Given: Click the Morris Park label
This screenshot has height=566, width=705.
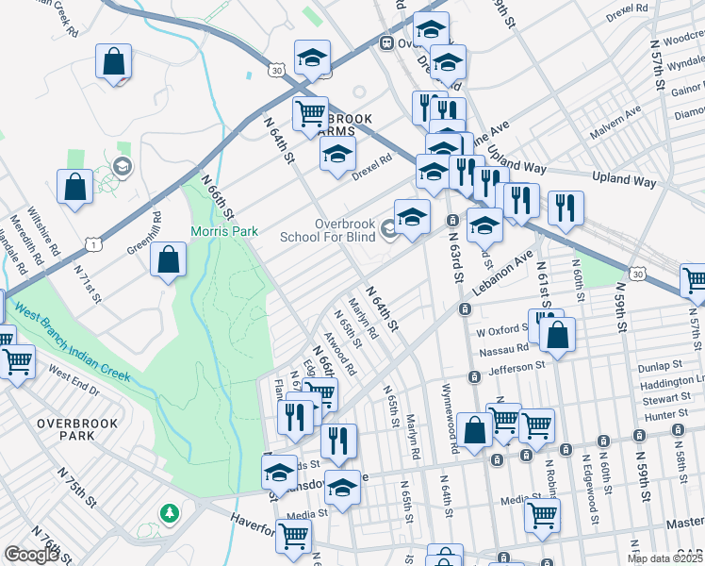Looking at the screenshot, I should [224, 231].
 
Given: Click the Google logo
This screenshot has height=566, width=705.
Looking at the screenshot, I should [31, 554].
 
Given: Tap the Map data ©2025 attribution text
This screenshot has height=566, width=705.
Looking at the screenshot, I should [665, 558].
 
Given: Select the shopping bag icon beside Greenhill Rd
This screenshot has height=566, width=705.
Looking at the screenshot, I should [168, 261].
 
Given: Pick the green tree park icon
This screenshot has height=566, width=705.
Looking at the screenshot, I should [170, 513].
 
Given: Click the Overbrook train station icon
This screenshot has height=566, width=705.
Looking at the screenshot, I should [386, 43].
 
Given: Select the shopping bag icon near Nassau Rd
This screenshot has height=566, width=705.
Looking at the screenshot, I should [557, 335].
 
